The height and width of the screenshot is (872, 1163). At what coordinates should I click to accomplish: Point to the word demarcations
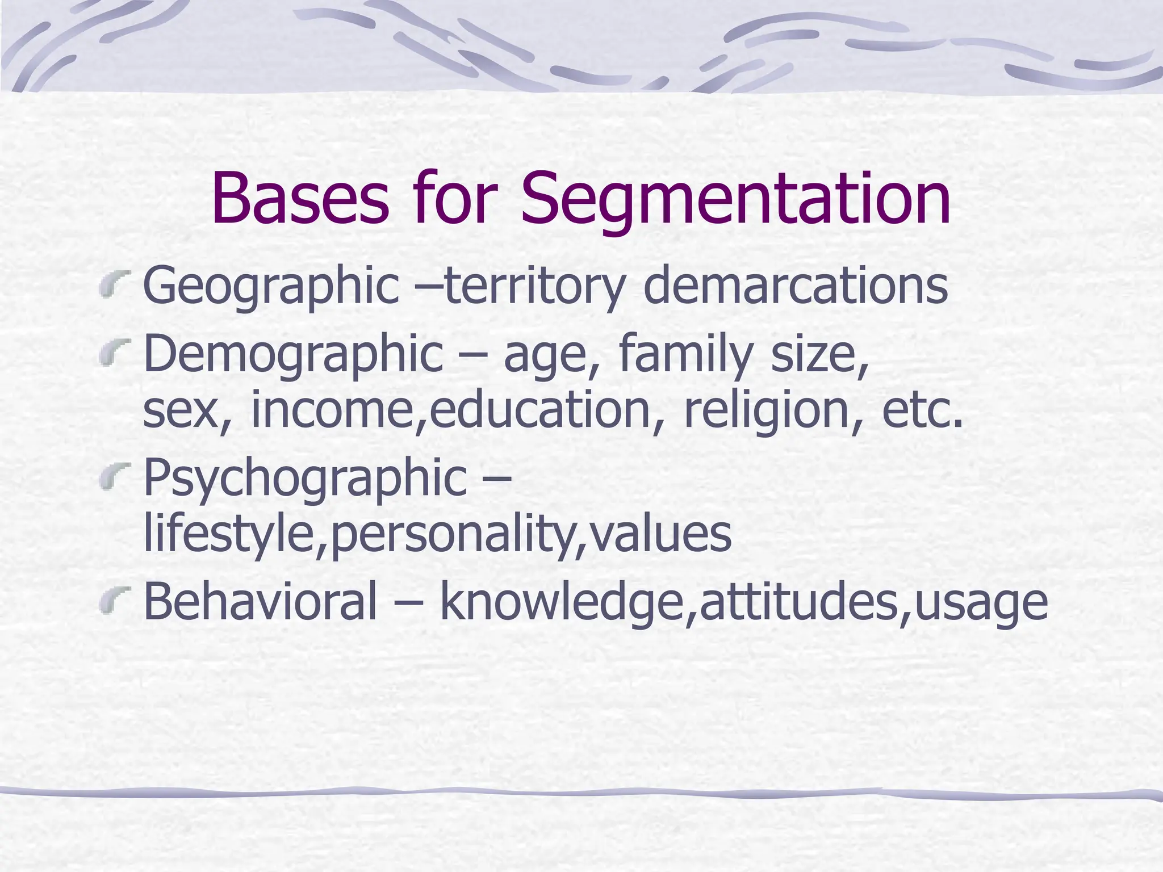(796, 285)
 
